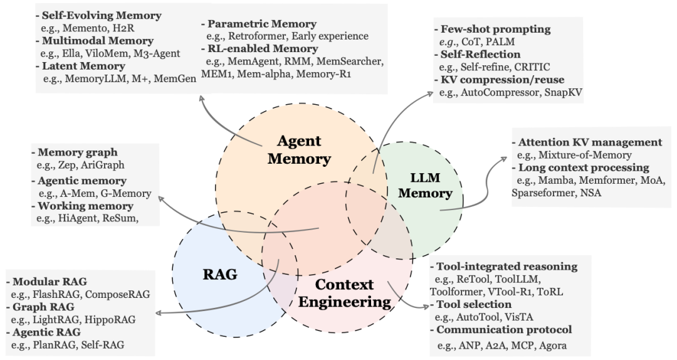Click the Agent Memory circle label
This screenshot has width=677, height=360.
[x=299, y=151]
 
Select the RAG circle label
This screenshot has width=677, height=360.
[x=221, y=274]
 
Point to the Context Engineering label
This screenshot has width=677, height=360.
[x=344, y=293]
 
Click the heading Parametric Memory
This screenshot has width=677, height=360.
[x=254, y=24]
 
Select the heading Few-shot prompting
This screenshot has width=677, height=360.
[x=496, y=29]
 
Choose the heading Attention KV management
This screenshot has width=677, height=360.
[x=590, y=142]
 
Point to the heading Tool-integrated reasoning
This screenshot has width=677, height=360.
[x=506, y=267]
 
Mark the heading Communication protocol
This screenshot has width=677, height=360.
[x=504, y=329]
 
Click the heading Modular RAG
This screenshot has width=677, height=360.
[x=50, y=281]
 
